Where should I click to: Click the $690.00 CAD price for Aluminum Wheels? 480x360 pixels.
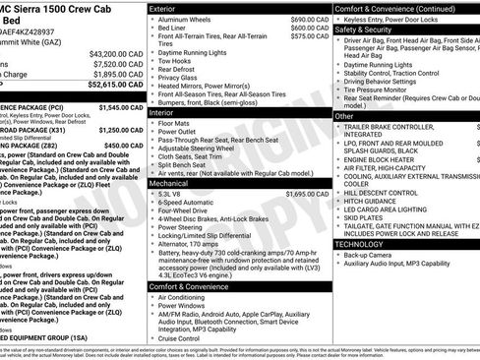point(299,19)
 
